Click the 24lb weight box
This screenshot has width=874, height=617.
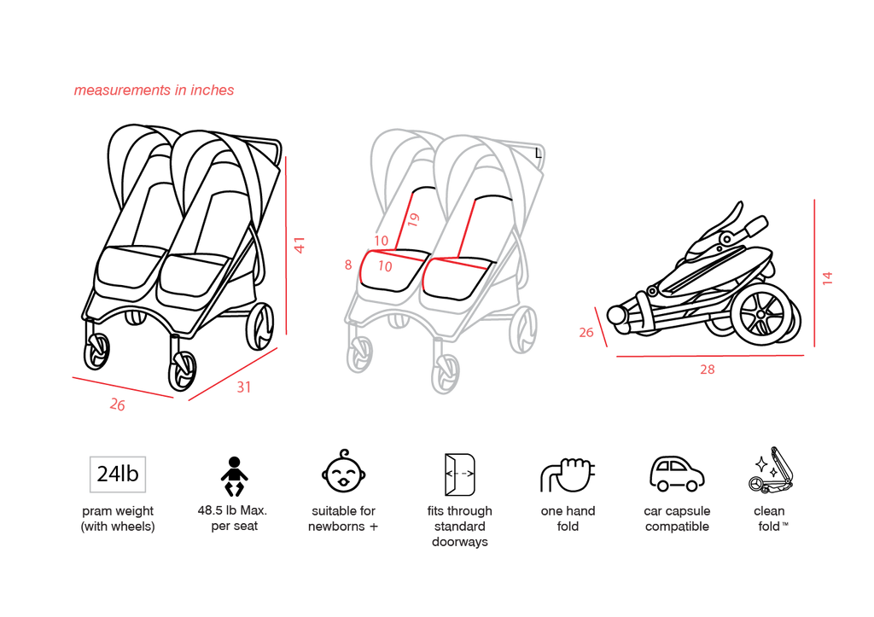click(118, 474)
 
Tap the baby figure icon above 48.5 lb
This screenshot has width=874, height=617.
click(234, 476)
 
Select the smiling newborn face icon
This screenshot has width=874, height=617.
click(343, 472)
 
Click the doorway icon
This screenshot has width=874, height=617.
click(459, 474)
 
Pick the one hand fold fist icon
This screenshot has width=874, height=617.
click(568, 474)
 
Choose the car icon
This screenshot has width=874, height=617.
click(677, 474)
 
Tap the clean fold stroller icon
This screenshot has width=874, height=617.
click(772, 470)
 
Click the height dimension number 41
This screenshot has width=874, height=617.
click(300, 245)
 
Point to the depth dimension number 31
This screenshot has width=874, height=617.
click(243, 387)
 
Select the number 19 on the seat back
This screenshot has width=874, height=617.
click(413, 219)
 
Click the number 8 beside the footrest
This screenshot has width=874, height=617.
click(348, 265)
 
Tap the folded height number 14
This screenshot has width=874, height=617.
click(827, 278)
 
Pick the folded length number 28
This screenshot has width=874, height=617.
click(708, 369)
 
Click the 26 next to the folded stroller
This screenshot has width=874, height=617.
click(586, 332)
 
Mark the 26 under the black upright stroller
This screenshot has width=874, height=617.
click(117, 405)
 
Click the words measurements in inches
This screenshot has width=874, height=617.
click(154, 90)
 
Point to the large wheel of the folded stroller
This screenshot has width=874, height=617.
click(761, 313)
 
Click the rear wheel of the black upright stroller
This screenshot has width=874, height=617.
click(259, 327)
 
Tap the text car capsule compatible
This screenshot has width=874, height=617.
click(677, 518)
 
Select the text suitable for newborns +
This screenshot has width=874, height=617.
click(343, 518)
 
